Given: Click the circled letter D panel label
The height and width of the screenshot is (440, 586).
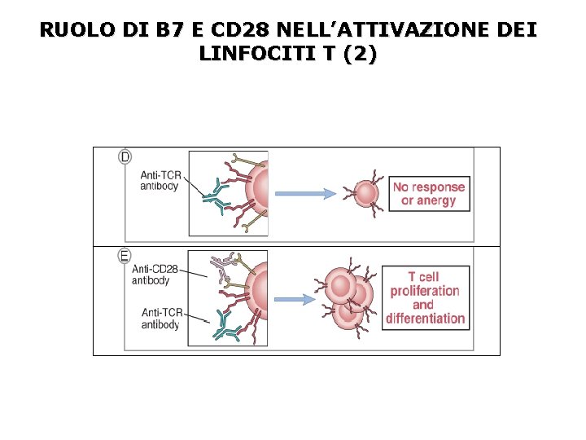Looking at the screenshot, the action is point(125,156).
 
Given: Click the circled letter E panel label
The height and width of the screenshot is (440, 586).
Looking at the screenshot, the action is point(125,256).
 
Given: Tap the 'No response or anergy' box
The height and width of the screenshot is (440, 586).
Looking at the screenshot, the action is point(429,194).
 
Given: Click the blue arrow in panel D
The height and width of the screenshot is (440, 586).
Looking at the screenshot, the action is point(304,193).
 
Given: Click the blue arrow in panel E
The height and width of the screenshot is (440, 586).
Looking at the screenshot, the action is point(291,299).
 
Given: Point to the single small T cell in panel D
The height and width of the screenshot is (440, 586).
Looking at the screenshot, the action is point(365,193).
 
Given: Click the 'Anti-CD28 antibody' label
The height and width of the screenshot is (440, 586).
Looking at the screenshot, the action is point(154,275).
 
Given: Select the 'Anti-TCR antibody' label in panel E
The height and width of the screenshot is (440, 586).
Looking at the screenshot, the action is point(160,319).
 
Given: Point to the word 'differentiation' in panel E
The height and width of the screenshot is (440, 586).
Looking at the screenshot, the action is point(426,319).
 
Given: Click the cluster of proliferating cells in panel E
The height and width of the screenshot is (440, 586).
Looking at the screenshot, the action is point(348,298).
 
